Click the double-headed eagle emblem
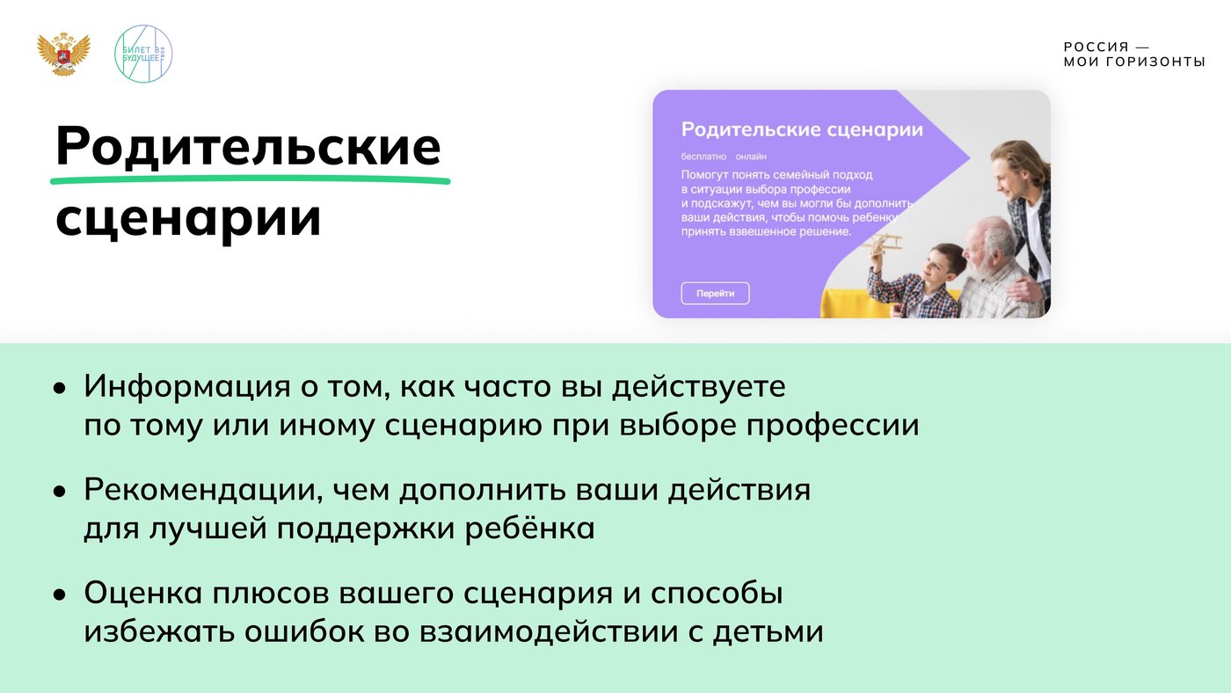(x=63, y=54)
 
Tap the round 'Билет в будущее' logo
(x=142, y=54)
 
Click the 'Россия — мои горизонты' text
(x=1133, y=55)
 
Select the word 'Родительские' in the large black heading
(x=248, y=146)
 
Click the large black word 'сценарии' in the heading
(x=188, y=218)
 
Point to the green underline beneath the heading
(x=250, y=179)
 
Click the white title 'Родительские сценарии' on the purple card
(x=802, y=129)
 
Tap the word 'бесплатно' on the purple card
(x=703, y=157)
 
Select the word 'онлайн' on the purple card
(x=751, y=157)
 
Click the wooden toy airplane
(x=883, y=245)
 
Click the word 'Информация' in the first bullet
(x=186, y=387)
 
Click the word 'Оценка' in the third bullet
(x=142, y=593)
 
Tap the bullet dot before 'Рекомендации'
(x=60, y=492)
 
